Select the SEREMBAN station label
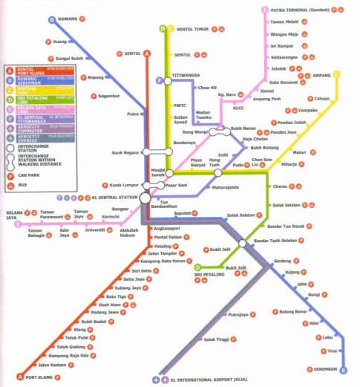click(320, 368)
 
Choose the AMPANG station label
click(321, 74)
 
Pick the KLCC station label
click(238, 108)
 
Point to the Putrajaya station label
click(238, 314)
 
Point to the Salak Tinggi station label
click(215, 339)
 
